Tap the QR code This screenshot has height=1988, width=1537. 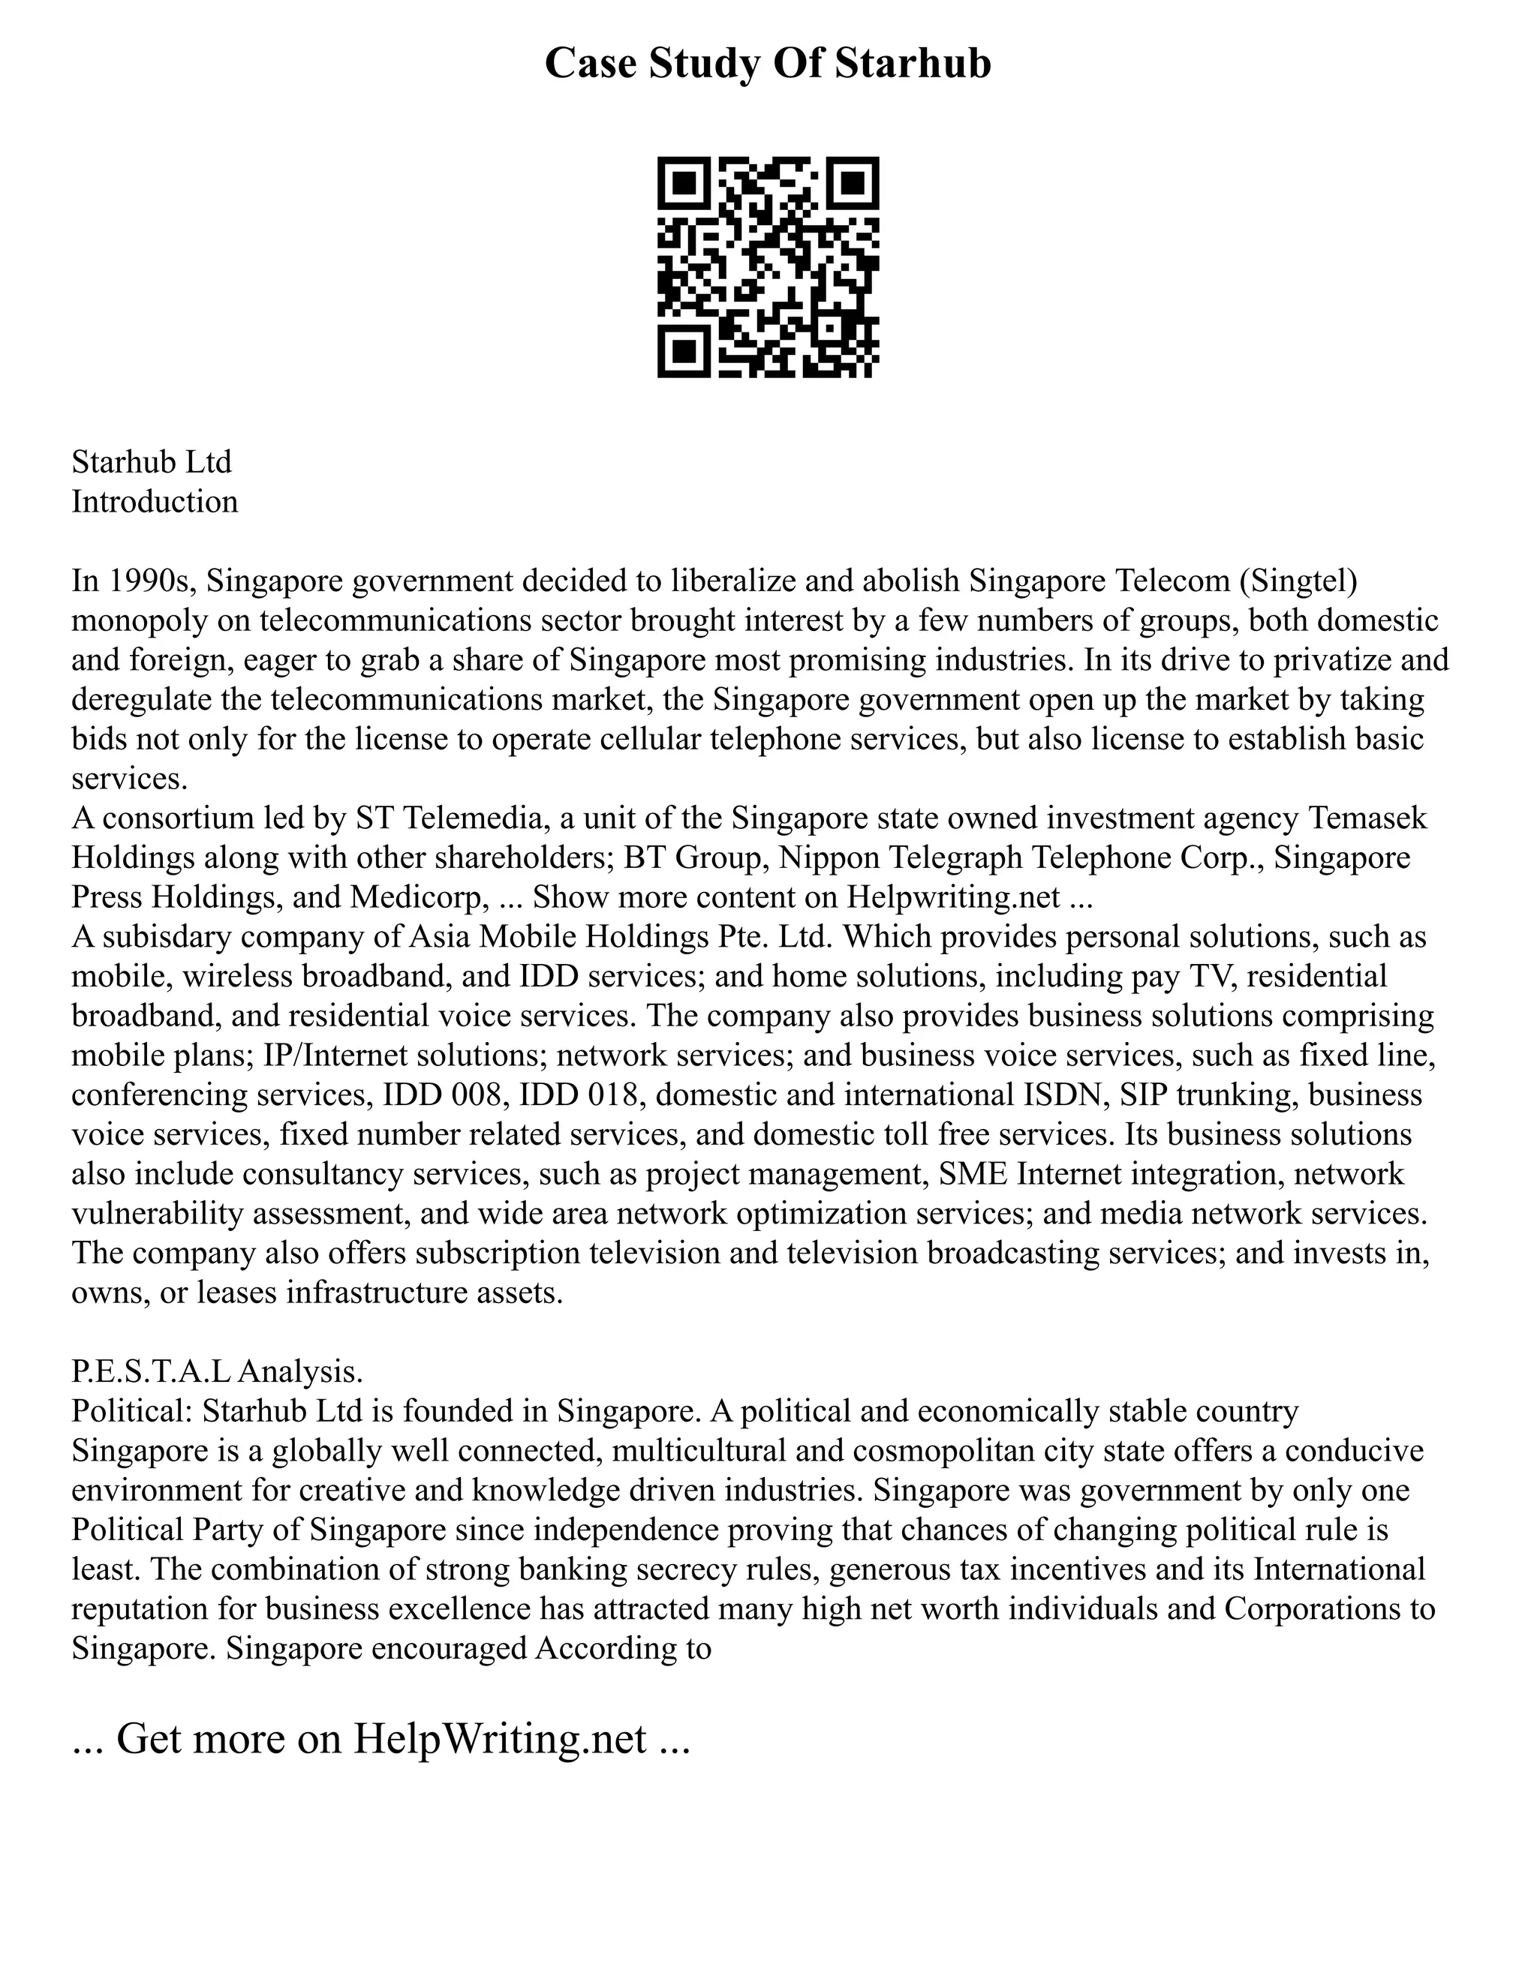pos(768,267)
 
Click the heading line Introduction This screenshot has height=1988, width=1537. pos(155,502)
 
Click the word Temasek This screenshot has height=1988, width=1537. pos(1367,818)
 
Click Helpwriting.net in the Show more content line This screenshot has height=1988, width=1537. pos(952,896)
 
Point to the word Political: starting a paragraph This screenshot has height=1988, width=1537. pos(131,1411)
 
